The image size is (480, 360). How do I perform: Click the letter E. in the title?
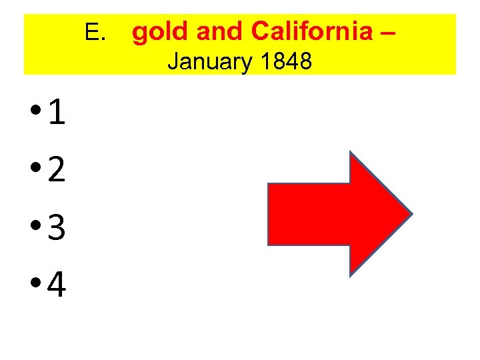pos(95,31)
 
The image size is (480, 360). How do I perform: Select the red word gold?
pos(156,31)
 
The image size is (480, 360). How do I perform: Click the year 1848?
pos(287,62)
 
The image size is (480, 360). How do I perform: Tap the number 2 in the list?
pos(57,171)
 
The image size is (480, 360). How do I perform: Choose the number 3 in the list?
pos(57,229)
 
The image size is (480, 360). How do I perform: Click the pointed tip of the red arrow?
pos(411,214)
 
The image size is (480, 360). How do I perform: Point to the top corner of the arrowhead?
pos(351,153)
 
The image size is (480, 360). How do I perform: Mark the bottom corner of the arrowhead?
pos(351,274)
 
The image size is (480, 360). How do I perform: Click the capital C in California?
pos(261,31)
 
